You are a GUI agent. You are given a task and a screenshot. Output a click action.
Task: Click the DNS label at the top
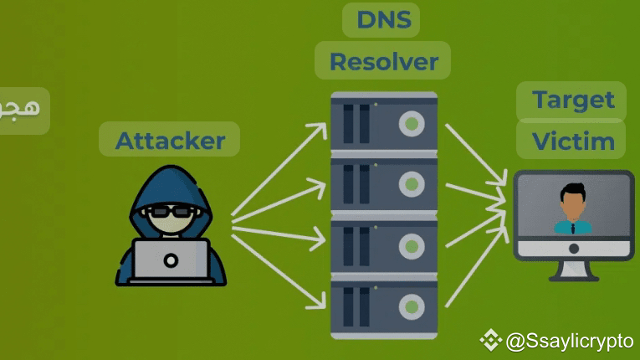pyautogui.click(x=381, y=20)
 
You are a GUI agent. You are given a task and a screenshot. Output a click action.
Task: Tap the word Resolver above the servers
pyautogui.click(x=383, y=61)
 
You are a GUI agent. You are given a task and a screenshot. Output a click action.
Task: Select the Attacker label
pyautogui.click(x=170, y=140)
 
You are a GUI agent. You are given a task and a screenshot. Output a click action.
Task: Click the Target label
pyautogui.click(x=573, y=100)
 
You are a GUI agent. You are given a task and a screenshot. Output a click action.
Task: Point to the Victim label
pyautogui.click(x=573, y=141)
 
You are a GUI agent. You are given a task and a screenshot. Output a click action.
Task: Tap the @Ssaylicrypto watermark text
pyautogui.click(x=569, y=341)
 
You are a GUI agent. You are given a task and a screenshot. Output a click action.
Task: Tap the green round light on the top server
pyautogui.click(x=410, y=125)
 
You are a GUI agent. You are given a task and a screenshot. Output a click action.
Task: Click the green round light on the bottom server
pyautogui.click(x=410, y=307)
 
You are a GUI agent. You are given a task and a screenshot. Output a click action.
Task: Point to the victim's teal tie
pyautogui.click(x=573, y=226)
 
